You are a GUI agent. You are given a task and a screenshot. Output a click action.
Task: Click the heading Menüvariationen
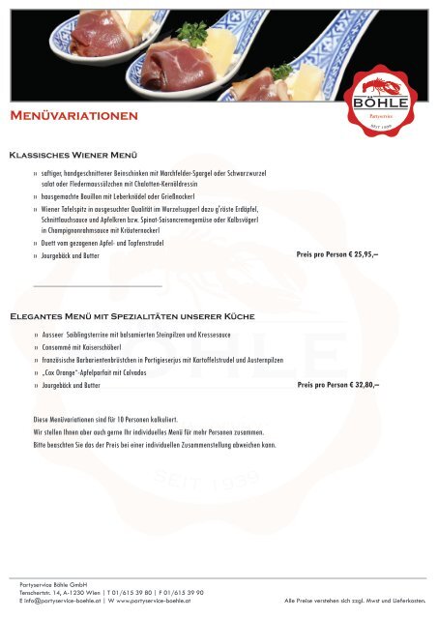coord(73,117)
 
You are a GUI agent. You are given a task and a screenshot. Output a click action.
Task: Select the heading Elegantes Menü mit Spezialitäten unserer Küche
coord(131,316)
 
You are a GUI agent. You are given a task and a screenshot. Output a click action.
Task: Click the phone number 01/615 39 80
coord(135,593)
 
